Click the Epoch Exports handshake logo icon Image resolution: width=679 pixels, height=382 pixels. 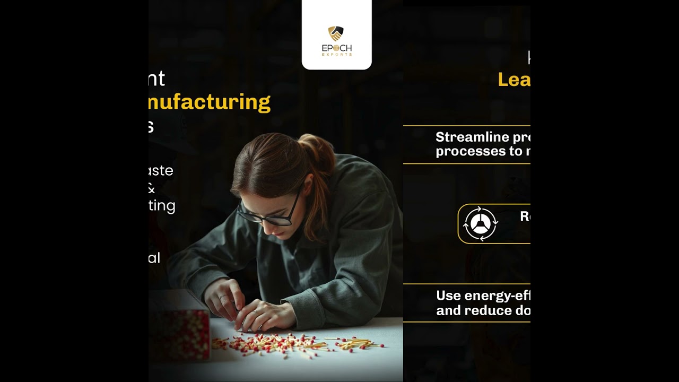(x=336, y=34)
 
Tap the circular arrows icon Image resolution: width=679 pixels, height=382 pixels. (x=480, y=223)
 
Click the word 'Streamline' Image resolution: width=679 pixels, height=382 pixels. (x=465, y=137)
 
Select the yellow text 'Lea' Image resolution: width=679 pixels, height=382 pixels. (x=513, y=80)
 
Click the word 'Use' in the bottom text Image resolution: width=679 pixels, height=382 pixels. (x=448, y=296)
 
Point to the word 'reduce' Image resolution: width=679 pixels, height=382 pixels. (x=480, y=310)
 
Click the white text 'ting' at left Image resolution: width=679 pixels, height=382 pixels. (x=162, y=206)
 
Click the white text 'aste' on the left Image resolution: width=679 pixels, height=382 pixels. (x=161, y=171)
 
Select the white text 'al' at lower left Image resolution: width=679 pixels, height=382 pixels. (x=154, y=258)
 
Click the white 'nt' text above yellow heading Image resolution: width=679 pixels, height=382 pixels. (x=157, y=79)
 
